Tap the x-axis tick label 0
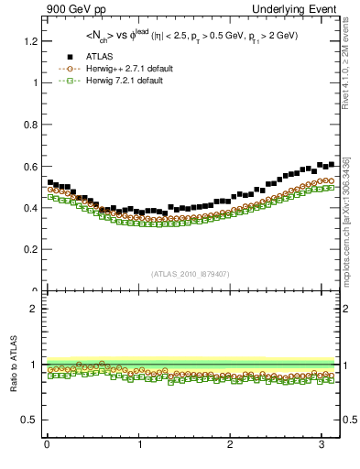coord(47,446)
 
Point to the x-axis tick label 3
coord(322,446)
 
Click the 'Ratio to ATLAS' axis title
coord(14,365)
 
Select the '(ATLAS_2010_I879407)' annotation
coord(191,273)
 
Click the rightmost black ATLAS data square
coord(330,164)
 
